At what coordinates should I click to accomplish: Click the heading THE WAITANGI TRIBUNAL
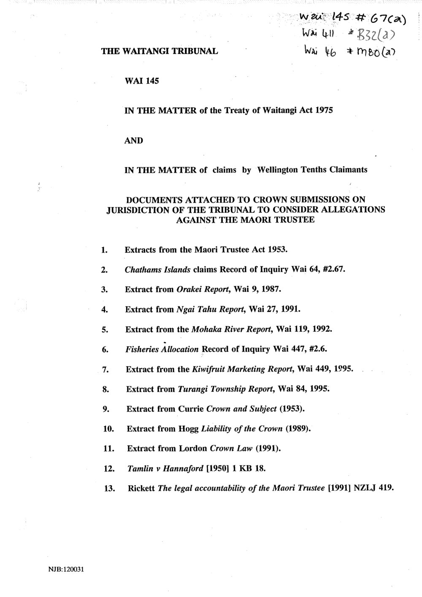click(x=160, y=52)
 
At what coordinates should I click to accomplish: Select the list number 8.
click(x=106, y=390)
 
